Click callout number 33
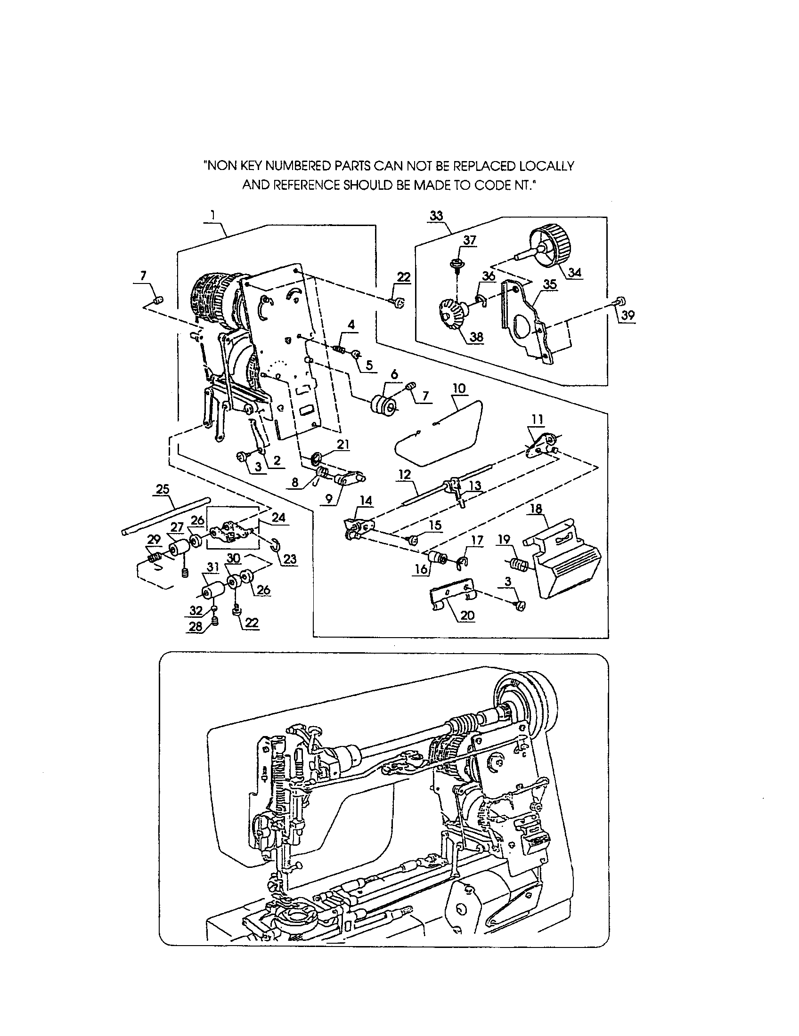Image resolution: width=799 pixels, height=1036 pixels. click(x=436, y=216)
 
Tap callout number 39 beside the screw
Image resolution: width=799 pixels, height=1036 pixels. click(x=628, y=315)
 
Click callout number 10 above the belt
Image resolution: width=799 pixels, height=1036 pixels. click(x=459, y=388)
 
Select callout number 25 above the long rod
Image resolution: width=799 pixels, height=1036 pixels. click(x=163, y=489)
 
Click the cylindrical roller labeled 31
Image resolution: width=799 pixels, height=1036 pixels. click(x=212, y=592)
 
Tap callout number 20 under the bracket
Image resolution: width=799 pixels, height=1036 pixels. click(x=467, y=615)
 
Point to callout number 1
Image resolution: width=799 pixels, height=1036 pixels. click(x=213, y=215)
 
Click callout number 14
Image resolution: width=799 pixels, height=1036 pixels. click(x=366, y=501)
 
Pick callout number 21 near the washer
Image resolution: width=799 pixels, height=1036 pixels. click(x=343, y=445)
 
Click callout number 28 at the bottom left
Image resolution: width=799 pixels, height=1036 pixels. click(x=196, y=626)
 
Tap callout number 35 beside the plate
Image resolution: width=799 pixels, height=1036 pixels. click(x=550, y=284)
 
